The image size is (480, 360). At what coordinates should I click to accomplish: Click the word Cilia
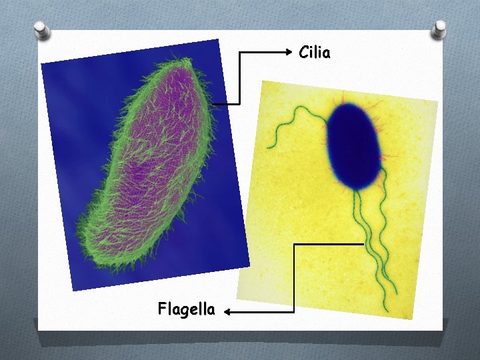pyautogui.click(x=314, y=52)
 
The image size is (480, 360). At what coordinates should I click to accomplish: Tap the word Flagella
pyautogui.click(x=186, y=309)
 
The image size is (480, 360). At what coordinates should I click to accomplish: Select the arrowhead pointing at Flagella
pyautogui.click(x=227, y=311)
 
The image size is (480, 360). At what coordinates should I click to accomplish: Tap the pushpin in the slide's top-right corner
pyautogui.click(x=440, y=27)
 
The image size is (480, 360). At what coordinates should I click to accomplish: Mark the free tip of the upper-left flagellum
pyautogui.click(x=269, y=147)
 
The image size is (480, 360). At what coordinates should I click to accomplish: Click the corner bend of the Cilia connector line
pyautogui.click(x=239, y=51)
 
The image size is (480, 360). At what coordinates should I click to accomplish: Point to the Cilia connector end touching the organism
pyautogui.click(x=215, y=104)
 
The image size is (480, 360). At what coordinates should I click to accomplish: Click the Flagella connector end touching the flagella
pyautogui.click(x=364, y=244)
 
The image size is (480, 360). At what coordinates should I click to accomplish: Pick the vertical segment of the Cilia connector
pyautogui.click(x=239, y=77)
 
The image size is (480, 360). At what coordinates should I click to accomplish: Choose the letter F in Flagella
pyautogui.click(x=163, y=309)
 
